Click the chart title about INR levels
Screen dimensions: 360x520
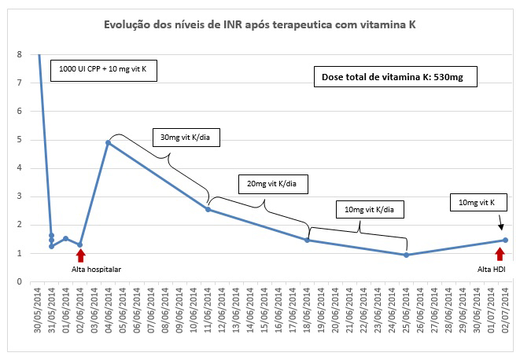260,25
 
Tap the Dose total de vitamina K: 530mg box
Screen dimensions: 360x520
394,78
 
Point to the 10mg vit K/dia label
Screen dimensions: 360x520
374,209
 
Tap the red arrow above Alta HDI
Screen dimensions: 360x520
499,253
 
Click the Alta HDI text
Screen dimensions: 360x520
493,269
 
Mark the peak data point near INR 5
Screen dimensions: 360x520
108,142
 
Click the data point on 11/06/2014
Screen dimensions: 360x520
208,209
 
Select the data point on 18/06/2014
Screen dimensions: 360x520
308,240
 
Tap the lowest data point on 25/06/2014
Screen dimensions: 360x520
406,255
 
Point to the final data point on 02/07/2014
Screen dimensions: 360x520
505,240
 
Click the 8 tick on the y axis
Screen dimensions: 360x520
19,54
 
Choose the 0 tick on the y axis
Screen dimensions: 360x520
19,281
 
